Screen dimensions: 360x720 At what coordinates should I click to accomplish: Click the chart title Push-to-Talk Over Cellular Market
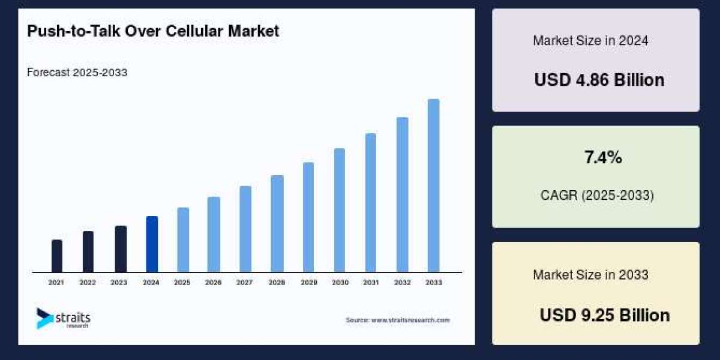[153, 31]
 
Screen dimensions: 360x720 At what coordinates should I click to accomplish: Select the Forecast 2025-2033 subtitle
[77, 73]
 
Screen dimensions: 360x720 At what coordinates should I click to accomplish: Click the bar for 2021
[57, 256]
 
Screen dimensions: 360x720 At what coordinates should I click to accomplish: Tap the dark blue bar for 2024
[152, 244]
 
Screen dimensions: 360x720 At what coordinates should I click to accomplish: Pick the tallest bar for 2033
[433, 185]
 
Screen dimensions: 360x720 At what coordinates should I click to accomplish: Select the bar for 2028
[277, 224]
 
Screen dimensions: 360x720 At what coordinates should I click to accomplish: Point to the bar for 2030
[340, 210]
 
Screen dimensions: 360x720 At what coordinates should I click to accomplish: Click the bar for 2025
[183, 240]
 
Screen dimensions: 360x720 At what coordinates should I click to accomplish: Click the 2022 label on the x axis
[88, 282]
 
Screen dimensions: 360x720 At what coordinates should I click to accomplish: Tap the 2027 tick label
[245, 282]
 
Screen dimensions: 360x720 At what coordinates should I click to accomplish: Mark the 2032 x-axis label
[402, 282]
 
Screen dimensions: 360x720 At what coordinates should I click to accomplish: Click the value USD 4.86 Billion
[599, 80]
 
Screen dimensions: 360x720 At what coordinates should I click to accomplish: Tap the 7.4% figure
[603, 158]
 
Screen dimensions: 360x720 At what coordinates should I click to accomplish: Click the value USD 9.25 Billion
[604, 315]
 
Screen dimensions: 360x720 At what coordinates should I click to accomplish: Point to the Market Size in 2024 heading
[590, 41]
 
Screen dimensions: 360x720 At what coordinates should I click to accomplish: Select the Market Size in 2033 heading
[590, 275]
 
